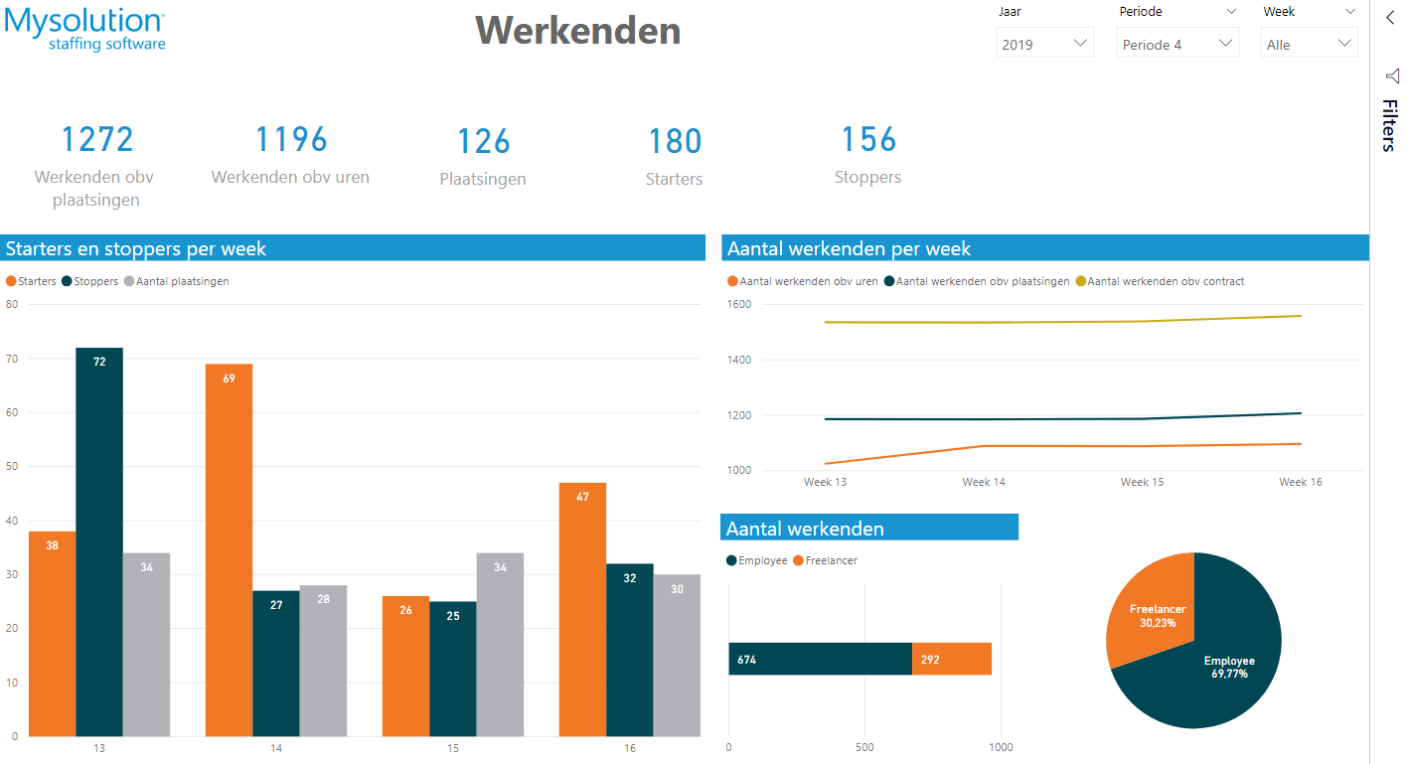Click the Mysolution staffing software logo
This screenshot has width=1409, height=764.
coord(84,30)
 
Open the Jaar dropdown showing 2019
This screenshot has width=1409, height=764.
coord(1044,44)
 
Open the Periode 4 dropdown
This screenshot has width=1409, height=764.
coord(1177,44)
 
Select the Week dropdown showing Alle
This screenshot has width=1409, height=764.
coord(1309,44)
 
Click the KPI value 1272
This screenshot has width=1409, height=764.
coord(97,140)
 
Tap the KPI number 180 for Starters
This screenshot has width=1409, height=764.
coord(675,142)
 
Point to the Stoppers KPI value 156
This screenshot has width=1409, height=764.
coord(868,140)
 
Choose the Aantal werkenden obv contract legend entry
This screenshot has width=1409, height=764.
coord(1165,281)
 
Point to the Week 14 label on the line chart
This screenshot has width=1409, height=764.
coord(983,482)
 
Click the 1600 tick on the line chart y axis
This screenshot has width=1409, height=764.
coord(738,305)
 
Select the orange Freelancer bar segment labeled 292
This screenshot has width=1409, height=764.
coord(951,659)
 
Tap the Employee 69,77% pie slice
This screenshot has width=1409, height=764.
coord(1217,676)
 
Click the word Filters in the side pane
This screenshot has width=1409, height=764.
coord(1389,125)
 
